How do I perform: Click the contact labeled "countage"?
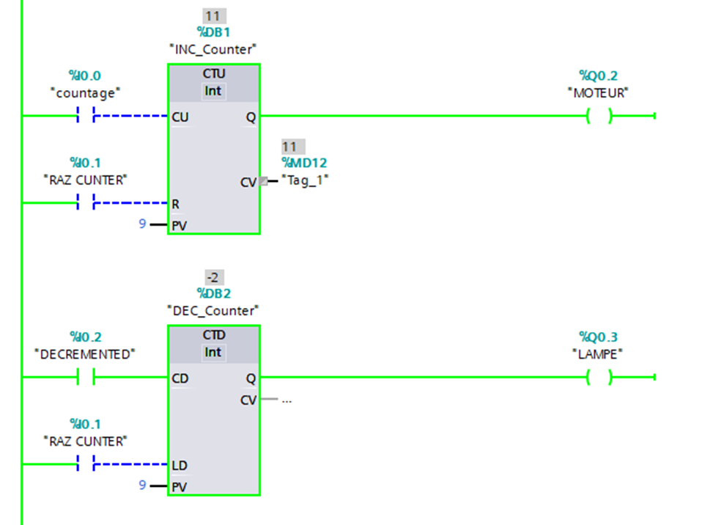click(x=86, y=116)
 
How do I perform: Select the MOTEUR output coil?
click(x=599, y=116)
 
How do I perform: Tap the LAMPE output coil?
click(x=599, y=378)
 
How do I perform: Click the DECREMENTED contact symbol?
click(x=86, y=378)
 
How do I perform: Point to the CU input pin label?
click(x=180, y=117)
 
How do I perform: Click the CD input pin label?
click(x=180, y=378)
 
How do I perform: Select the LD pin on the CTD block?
click(x=180, y=466)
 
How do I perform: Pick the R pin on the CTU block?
click(x=176, y=203)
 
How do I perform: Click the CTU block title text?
click(x=213, y=74)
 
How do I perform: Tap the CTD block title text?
click(x=213, y=335)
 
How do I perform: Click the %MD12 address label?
click(x=304, y=163)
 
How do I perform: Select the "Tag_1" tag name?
click(x=305, y=180)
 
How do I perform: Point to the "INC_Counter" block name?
click(x=213, y=49)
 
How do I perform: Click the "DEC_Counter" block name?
click(x=213, y=310)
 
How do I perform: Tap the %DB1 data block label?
click(x=213, y=32)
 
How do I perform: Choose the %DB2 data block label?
click(x=213, y=293)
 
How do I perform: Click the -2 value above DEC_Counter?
click(x=213, y=277)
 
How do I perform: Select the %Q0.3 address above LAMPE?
click(x=599, y=337)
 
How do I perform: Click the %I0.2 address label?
click(x=85, y=337)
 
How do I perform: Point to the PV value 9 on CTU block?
click(x=143, y=224)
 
